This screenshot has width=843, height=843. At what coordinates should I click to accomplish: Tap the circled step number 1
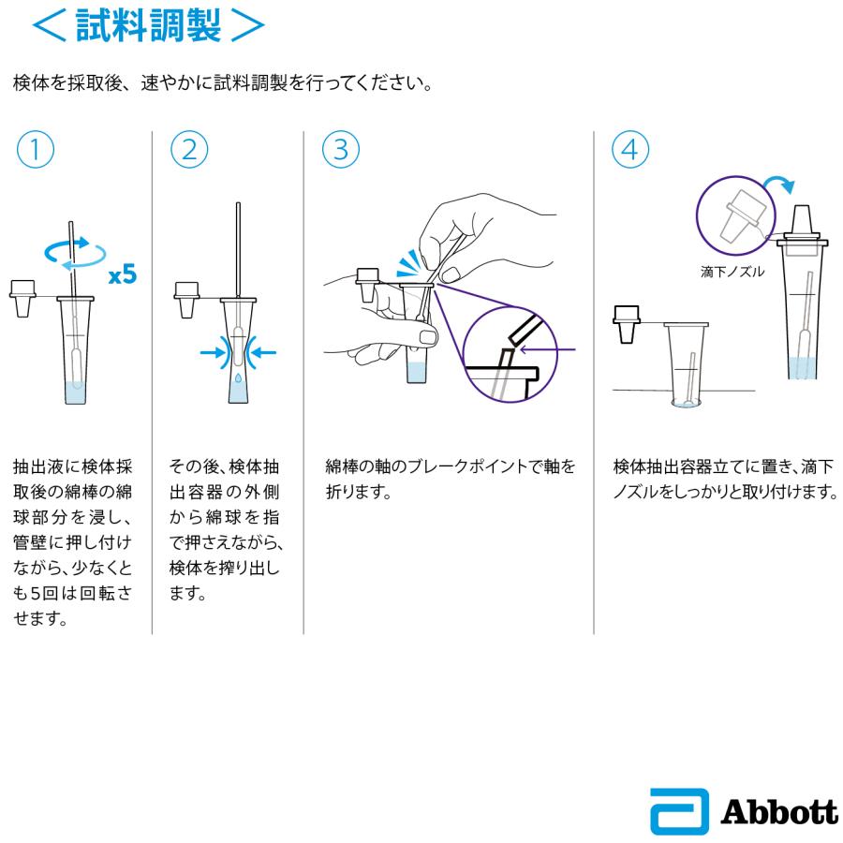click(34, 151)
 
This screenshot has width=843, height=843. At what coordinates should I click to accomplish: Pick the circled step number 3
click(340, 151)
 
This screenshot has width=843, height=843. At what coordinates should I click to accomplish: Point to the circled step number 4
click(630, 151)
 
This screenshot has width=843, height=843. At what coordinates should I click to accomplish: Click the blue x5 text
click(122, 275)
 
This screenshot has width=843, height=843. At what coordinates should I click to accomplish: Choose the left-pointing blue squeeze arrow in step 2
click(264, 352)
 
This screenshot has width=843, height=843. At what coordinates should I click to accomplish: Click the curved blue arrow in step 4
click(776, 183)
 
